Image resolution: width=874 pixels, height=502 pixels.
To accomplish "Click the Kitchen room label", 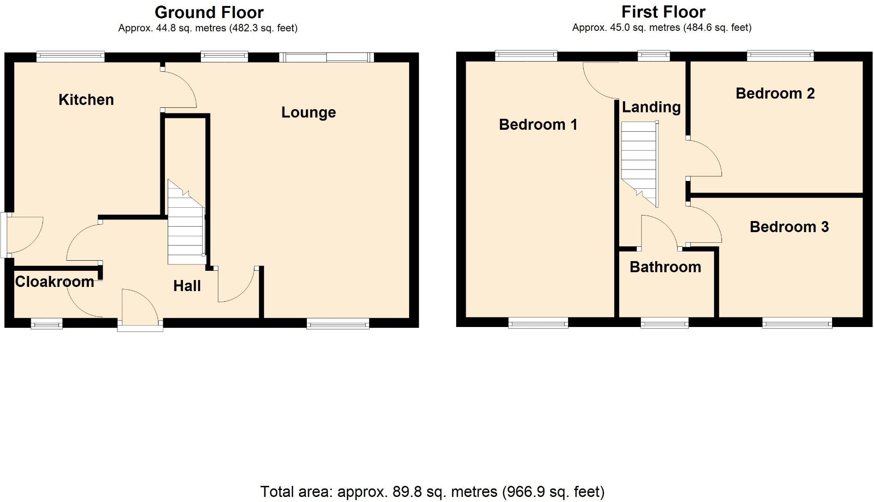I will click(86, 99).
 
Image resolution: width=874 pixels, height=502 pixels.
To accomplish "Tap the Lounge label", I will click(308, 112).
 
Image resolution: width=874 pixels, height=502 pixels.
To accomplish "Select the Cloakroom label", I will click(54, 281).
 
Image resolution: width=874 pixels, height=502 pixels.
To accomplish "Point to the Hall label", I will click(187, 286).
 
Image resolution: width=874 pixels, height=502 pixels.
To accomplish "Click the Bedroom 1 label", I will click(538, 124).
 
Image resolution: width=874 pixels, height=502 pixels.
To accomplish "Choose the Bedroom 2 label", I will click(775, 93).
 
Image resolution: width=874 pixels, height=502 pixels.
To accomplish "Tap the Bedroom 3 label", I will click(789, 227).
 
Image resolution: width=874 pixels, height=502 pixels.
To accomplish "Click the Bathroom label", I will click(665, 267).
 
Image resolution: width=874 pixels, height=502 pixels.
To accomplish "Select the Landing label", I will click(651, 107).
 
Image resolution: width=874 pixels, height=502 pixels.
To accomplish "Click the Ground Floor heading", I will click(209, 12).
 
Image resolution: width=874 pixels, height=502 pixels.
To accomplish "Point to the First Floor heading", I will click(663, 12).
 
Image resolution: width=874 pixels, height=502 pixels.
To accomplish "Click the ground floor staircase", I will click(186, 226).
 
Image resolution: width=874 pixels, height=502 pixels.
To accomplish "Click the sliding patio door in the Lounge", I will click(326, 57).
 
